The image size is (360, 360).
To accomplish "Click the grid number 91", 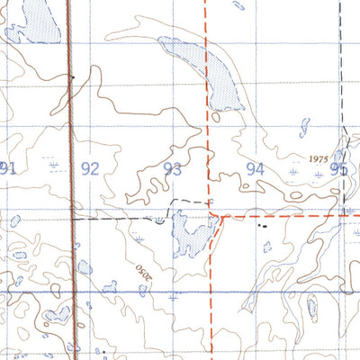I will click(x=9, y=167).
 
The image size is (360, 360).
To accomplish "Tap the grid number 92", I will click(x=90, y=168).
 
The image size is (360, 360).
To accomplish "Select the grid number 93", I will click(x=173, y=168).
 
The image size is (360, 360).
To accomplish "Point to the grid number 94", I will click(x=256, y=168).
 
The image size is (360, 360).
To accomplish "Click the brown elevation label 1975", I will click(x=318, y=157).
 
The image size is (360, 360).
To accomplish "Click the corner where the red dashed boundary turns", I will click(x=222, y=216).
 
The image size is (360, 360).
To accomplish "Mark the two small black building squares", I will click(x=263, y=227).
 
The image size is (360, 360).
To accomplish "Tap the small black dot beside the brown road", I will click(x=72, y=77).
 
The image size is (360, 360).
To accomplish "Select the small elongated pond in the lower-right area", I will click(x=311, y=309).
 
